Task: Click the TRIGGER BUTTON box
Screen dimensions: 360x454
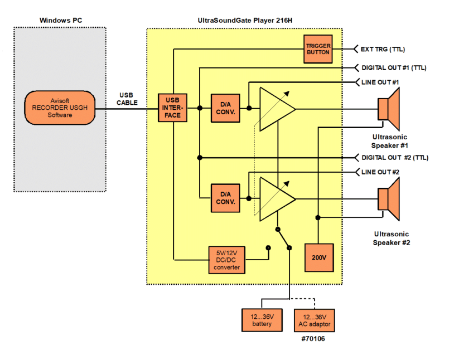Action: pyautogui.click(x=318, y=49)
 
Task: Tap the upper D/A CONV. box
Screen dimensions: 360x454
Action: pyautogui.click(x=225, y=108)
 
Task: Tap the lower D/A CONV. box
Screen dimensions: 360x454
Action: pyautogui.click(x=225, y=197)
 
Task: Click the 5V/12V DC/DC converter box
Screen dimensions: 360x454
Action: pyautogui.click(x=226, y=260)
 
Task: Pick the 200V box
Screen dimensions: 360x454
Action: pyautogui.click(x=318, y=257)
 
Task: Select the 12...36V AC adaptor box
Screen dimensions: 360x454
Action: pyautogui.click(x=314, y=320)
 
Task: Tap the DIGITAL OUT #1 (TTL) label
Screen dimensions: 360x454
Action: pyautogui.click(x=394, y=67)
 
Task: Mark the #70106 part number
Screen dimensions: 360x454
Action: pyautogui.click(x=313, y=338)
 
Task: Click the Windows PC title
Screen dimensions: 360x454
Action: pyautogui.click(x=61, y=21)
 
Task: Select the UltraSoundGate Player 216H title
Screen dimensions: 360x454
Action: pyautogui.click(x=244, y=21)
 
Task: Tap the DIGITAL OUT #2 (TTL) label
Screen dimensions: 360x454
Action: pyautogui.click(x=395, y=158)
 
